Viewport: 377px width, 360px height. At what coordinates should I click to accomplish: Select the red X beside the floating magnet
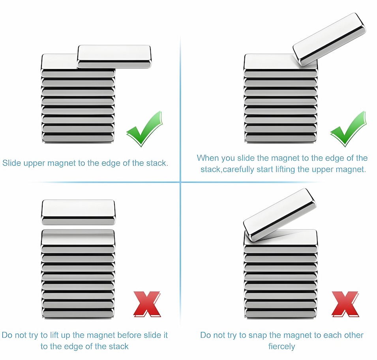(x=146, y=304)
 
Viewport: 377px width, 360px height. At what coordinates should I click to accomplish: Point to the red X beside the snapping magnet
(x=345, y=304)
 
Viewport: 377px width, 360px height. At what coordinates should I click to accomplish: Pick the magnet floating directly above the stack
(x=78, y=211)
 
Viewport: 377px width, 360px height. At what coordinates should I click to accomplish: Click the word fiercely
(x=281, y=347)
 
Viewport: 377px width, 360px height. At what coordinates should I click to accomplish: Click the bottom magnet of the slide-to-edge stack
(x=78, y=138)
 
